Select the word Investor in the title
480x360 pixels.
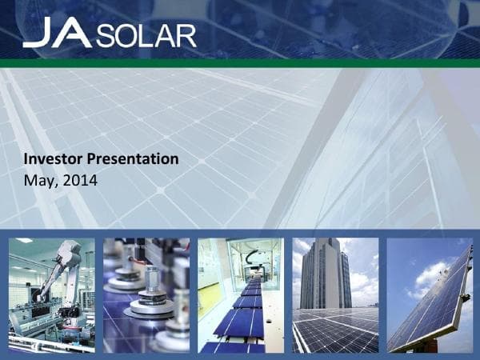pyautogui.click(x=55, y=158)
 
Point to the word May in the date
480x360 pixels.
pyautogui.click(x=38, y=181)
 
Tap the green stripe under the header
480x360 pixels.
pyautogui.click(x=240, y=62)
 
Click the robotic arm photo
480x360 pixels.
pyautogui.click(x=51, y=295)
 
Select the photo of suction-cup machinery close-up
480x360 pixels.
pyautogui.click(x=146, y=295)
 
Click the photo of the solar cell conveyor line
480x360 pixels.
pyautogui.click(x=240, y=295)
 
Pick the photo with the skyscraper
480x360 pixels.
pyautogui.click(x=334, y=295)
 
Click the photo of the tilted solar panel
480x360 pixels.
pyautogui.click(x=429, y=295)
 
